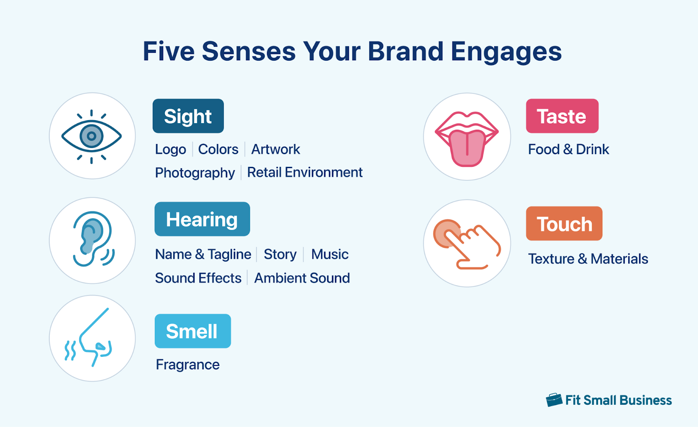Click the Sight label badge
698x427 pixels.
click(x=188, y=116)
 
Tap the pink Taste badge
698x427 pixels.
click(x=562, y=116)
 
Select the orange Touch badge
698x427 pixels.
click(x=564, y=224)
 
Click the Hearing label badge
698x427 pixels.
click(x=202, y=219)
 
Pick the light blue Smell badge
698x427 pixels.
click(x=192, y=331)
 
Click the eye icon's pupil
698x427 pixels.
click(x=92, y=136)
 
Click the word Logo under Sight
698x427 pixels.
click(x=170, y=149)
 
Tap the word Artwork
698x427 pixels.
click(x=275, y=149)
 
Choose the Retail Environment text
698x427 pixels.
click(x=305, y=172)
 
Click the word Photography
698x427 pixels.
click(x=195, y=173)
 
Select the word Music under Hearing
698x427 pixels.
click(x=329, y=254)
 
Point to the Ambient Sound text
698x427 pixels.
click(x=302, y=278)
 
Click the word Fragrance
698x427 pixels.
click(x=188, y=365)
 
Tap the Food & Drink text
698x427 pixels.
click(x=568, y=149)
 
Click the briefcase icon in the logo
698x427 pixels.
click(x=554, y=399)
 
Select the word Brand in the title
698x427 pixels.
click(x=406, y=52)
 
